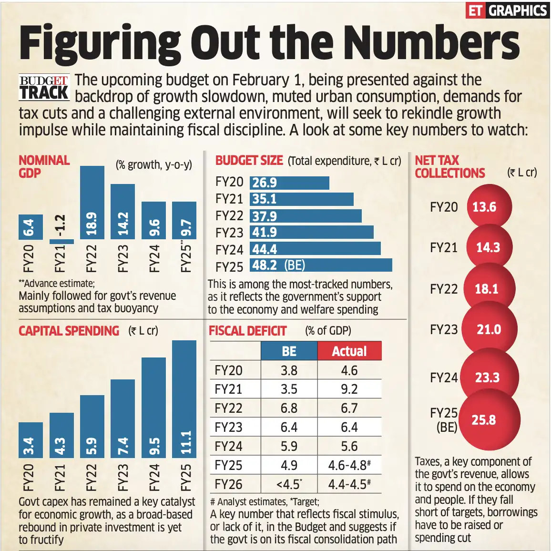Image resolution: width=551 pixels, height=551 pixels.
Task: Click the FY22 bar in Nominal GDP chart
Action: pyautogui.click(x=92, y=203)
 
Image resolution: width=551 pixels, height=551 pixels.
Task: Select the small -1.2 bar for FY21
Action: pyautogui.click(x=61, y=241)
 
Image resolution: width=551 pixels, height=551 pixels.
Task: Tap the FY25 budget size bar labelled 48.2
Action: pyautogui.click(x=321, y=265)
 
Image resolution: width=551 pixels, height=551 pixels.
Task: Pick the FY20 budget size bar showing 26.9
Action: pyautogui.click(x=289, y=183)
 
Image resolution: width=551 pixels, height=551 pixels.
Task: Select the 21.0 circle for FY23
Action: pyautogui.click(x=489, y=329)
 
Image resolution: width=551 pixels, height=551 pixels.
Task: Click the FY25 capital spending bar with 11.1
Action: pyautogui.click(x=184, y=398)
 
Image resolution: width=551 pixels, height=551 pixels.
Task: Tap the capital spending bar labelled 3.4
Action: pyautogui.click(x=31, y=440)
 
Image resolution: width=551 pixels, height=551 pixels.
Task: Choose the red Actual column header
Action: pyautogui.click(x=349, y=351)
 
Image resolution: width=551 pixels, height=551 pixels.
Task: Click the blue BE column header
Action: pyautogui.click(x=289, y=351)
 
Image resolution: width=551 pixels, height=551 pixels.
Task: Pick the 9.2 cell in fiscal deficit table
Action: pyautogui.click(x=349, y=389)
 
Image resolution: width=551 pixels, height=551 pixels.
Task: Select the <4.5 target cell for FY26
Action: pyautogui.click(x=289, y=484)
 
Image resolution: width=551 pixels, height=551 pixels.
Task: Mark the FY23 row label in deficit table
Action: pyautogui.click(x=229, y=427)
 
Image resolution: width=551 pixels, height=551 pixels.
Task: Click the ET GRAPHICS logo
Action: pyautogui.click(x=507, y=10)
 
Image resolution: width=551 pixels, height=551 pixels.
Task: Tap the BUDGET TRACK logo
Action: pyautogui.click(x=44, y=87)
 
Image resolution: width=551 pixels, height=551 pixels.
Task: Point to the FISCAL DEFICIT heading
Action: pyautogui.click(x=247, y=331)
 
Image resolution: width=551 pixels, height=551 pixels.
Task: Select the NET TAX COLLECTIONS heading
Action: pyautogui.click(x=449, y=167)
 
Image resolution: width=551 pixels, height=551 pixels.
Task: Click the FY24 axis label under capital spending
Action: pyautogui.click(x=154, y=477)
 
